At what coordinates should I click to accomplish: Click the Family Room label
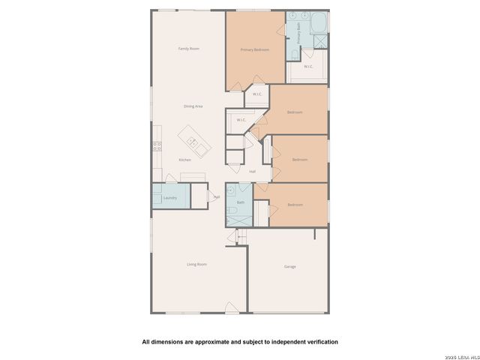coord(188,49)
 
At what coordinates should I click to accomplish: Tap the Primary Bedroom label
coord(254,49)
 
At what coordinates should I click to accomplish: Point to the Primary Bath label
coord(298,31)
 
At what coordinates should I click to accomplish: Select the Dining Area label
coord(193,106)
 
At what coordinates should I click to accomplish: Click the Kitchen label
coord(184,160)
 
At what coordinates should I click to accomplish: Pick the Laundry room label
coord(169,198)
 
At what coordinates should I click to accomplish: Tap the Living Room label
coord(196,265)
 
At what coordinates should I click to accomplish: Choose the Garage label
coord(289,267)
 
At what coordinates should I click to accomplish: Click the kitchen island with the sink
coord(190,141)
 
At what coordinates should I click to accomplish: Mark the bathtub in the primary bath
coord(319,22)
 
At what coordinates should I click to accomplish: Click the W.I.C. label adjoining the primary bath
coord(308,67)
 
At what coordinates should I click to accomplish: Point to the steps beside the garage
coord(241,236)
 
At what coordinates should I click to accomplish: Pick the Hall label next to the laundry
coord(217,197)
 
